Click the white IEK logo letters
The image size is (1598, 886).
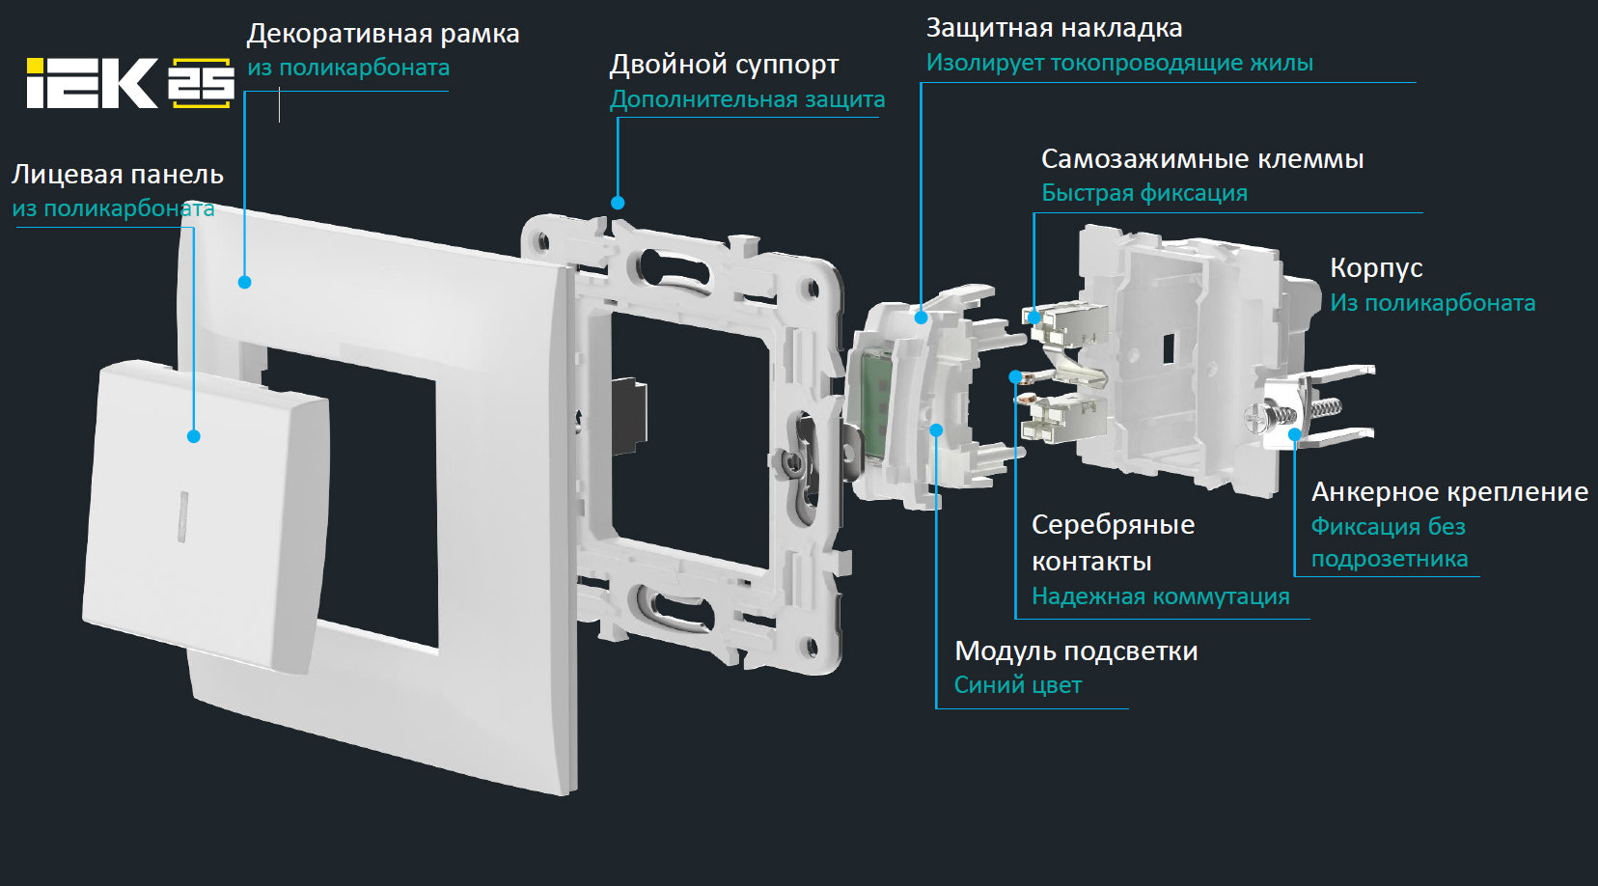[x=92, y=83]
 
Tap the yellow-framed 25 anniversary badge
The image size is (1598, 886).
[x=201, y=83]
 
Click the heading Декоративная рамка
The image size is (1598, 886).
[x=383, y=34]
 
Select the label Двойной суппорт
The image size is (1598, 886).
[x=724, y=65]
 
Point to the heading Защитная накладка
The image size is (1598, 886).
[x=1054, y=29]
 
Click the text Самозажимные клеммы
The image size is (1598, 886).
[x=1202, y=159]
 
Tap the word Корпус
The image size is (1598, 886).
[x=1376, y=269]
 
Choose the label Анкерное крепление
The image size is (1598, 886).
[x=1449, y=492]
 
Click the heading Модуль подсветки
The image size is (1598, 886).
[x=1076, y=651]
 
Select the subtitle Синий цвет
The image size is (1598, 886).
[x=1018, y=685]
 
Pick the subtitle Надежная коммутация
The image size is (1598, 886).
[x=1161, y=596]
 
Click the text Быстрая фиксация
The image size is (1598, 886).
[x=1144, y=193]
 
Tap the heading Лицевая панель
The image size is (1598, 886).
[x=118, y=175]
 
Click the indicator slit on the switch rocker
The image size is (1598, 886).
[x=183, y=516]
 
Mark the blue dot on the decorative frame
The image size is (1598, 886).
[x=245, y=283]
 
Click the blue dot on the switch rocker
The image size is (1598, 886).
[x=193, y=436]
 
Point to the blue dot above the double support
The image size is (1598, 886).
[x=618, y=203]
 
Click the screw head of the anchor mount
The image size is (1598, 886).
[x=1255, y=417]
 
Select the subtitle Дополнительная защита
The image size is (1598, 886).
[x=747, y=99]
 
